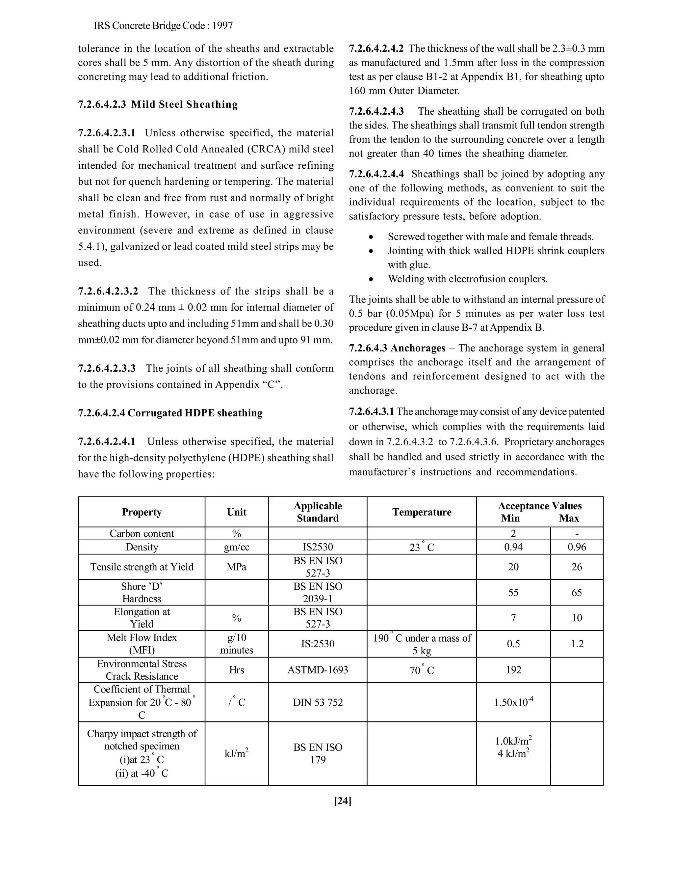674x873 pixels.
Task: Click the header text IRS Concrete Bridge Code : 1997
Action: pyautogui.click(x=163, y=26)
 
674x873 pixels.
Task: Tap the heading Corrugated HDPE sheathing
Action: pyautogui.click(x=195, y=413)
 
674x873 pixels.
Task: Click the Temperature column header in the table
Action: pyautogui.click(x=422, y=512)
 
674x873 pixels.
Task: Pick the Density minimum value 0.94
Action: pyautogui.click(x=513, y=547)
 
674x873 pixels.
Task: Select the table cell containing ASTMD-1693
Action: pyautogui.click(x=318, y=669)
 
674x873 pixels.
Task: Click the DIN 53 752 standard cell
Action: pyautogui.click(x=318, y=702)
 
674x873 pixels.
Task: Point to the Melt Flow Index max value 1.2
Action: pyautogui.click(x=577, y=644)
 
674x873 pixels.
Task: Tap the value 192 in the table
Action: pyautogui.click(x=513, y=669)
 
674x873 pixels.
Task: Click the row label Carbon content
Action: pyautogui.click(x=142, y=534)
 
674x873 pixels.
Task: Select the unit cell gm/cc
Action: pyautogui.click(x=236, y=547)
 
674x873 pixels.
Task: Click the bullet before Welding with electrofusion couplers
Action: pyautogui.click(x=371, y=279)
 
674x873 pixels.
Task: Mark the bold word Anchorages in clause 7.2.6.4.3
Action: pyautogui.click(x=418, y=348)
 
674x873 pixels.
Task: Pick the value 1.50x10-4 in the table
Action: pyautogui.click(x=513, y=702)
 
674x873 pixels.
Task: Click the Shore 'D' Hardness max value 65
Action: pyautogui.click(x=577, y=592)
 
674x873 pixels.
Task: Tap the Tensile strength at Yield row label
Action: pyautogui.click(x=142, y=567)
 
